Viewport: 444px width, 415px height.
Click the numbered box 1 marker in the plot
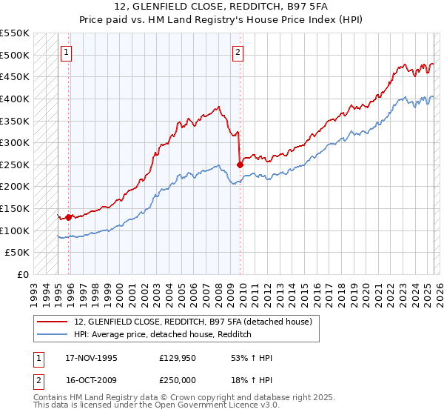point(67,53)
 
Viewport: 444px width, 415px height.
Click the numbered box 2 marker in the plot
point(238,53)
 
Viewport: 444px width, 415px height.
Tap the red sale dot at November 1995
point(69,217)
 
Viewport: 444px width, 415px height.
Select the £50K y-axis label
point(18,253)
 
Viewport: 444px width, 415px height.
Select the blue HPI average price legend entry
point(164,335)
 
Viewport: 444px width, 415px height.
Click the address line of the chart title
point(221,7)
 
